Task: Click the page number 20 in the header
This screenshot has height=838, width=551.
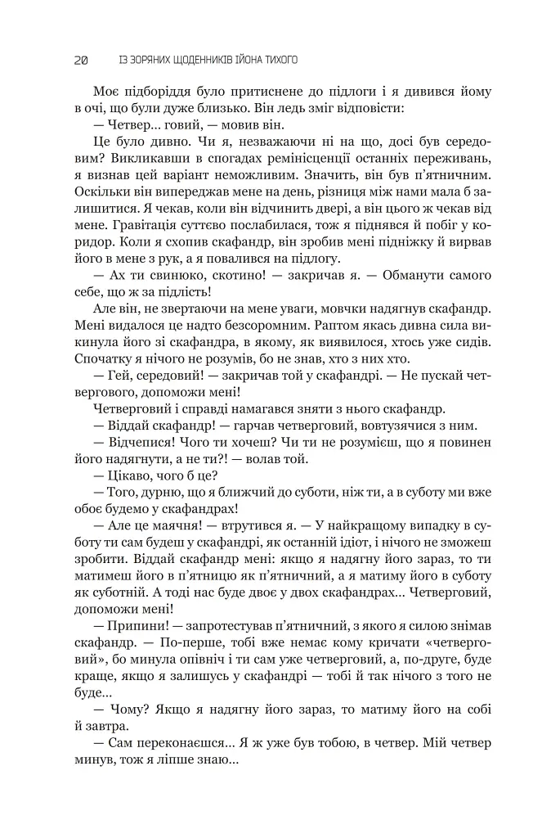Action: [x=80, y=60]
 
